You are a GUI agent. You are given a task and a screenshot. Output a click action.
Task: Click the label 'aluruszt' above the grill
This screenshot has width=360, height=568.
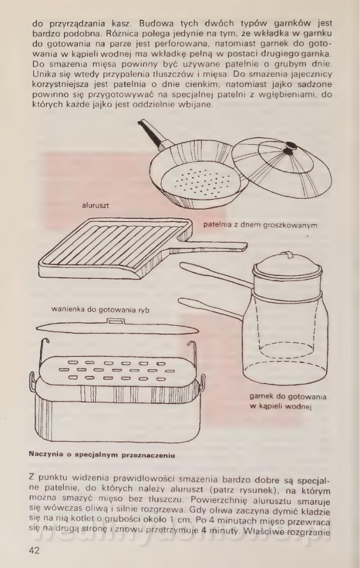95,205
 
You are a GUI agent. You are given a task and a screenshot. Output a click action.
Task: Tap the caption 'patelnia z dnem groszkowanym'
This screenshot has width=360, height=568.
260,225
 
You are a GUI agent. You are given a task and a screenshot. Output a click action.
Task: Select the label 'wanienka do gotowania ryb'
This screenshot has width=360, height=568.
100,310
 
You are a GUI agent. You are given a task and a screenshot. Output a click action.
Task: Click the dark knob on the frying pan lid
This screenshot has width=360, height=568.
290,149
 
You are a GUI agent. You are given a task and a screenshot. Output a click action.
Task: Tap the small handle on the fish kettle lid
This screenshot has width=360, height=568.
116,321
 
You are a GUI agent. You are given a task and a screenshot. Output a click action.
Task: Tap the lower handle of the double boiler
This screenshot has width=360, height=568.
211,308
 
